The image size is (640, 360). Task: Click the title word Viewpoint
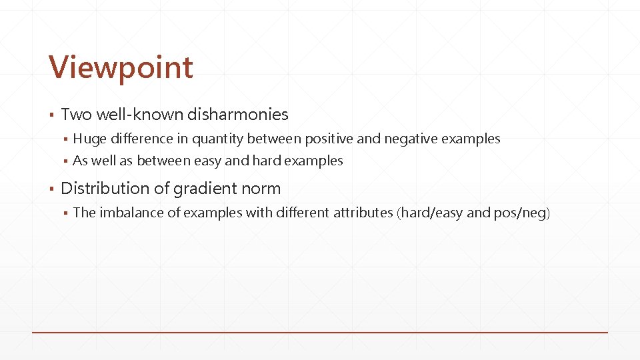(121, 67)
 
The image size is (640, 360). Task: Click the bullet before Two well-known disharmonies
(51, 115)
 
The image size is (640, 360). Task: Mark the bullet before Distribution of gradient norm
(51, 189)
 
